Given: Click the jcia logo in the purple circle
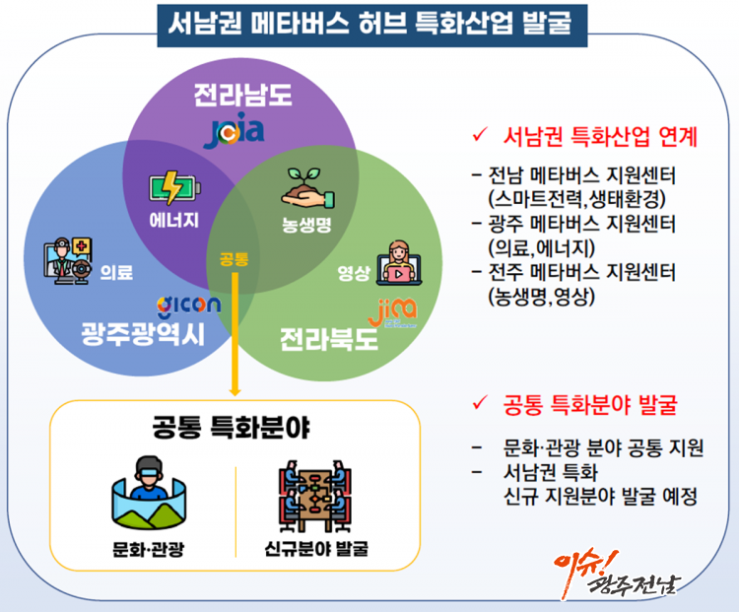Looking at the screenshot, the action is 235,131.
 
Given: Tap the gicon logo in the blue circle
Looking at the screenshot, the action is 188,306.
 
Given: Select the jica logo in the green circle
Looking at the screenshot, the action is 392,312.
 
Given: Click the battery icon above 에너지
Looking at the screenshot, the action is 174,187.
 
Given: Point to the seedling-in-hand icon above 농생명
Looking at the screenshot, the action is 307,188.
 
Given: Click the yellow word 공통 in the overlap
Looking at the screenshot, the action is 234,259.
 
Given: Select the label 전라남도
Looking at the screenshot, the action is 243,95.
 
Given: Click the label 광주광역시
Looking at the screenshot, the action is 143,333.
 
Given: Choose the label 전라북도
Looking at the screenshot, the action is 329,339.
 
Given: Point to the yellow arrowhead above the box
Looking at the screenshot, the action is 235,392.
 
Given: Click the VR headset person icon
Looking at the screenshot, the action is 149,493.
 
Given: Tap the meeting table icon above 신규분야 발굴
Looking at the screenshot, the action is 315,496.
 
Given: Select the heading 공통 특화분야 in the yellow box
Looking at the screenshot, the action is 231,427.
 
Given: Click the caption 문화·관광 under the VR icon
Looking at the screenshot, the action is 148,549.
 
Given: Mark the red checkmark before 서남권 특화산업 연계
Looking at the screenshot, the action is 480,134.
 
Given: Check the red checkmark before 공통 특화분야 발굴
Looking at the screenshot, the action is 480,403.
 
